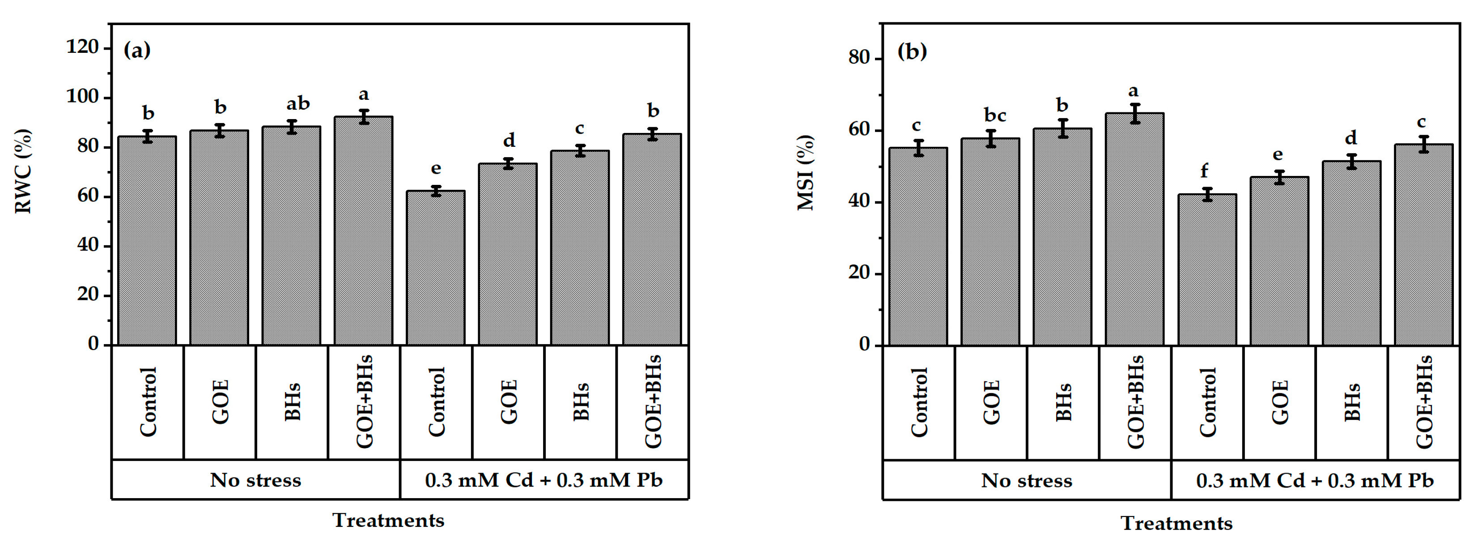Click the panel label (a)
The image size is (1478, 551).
(137, 51)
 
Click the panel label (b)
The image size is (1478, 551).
(912, 51)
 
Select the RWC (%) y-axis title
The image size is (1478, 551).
(23, 171)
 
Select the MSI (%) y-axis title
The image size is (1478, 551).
(806, 173)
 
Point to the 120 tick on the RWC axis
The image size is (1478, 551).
(83, 47)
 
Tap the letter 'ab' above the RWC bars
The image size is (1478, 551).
(298, 104)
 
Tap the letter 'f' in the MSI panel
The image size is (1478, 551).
(1204, 171)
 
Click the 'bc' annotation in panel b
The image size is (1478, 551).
(995, 116)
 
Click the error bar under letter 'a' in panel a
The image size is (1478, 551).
(364, 116)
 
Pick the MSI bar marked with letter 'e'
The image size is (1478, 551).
(1279, 261)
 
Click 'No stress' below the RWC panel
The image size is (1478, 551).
(255, 480)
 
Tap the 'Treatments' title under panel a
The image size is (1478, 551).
(388, 520)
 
